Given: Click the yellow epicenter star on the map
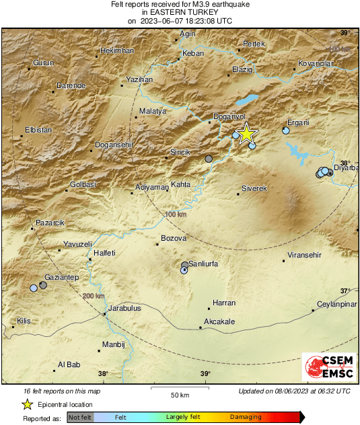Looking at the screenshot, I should (247, 134).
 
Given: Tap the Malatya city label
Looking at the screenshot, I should (152, 111).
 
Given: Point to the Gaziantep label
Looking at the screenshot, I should (61, 277).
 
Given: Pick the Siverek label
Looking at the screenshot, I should (254, 189).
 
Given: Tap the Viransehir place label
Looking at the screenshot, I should (305, 256).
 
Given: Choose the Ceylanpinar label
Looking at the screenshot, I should (336, 304).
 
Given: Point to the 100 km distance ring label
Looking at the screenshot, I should (175, 214).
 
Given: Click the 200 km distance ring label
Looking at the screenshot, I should (94, 296).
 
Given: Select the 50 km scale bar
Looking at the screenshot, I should (178, 389).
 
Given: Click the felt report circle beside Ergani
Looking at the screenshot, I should (286, 131).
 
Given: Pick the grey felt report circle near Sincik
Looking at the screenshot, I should (209, 159).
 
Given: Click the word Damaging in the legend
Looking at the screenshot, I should (246, 418).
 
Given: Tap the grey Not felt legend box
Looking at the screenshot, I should (81, 418).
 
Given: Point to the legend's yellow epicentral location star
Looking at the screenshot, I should (28, 404).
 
